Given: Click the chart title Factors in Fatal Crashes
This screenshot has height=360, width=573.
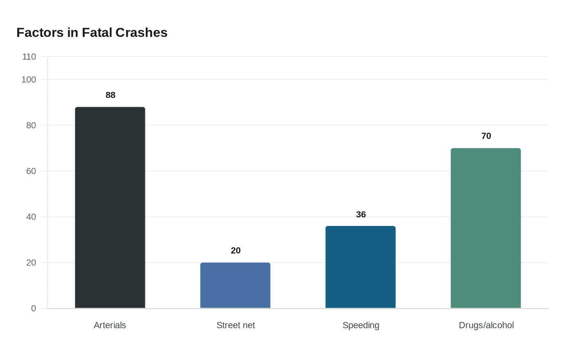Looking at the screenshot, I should [x=92, y=33].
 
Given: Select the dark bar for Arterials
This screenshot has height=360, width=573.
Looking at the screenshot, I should [x=110, y=207].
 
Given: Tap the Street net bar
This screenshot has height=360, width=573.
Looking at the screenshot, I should [x=235, y=285].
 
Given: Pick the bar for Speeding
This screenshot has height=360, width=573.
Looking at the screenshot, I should [x=361, y=267].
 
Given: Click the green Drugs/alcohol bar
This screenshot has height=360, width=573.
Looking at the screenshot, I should [x=486, y=228].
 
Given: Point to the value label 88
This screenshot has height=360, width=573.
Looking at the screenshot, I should [x=111, y=95].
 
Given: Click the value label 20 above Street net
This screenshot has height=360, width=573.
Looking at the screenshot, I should [x=236, y=251].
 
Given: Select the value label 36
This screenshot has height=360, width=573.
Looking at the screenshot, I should [x=361, y=215].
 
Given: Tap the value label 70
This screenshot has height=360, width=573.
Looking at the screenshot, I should [x=486, y=136].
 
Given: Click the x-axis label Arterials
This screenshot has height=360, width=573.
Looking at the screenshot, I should [x=110, y=325].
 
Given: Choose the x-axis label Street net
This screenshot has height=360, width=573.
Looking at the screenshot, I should [x=236, y=325].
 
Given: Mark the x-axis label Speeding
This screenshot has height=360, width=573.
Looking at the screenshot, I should [x=361, y=325].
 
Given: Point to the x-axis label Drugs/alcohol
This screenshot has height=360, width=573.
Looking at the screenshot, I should [x=486, y=325].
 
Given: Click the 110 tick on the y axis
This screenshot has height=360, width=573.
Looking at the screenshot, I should [x=29, y=57].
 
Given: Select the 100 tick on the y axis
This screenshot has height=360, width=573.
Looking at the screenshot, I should [x=29, y=80].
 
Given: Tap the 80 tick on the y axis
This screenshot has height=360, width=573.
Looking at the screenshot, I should [x=31, y=126].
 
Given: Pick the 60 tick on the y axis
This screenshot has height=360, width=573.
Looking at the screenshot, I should [x=31, y=171].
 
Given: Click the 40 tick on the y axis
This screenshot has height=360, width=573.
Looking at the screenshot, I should [x=31, y=217].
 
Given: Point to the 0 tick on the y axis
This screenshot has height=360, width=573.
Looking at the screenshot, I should [x=34, y=309].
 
